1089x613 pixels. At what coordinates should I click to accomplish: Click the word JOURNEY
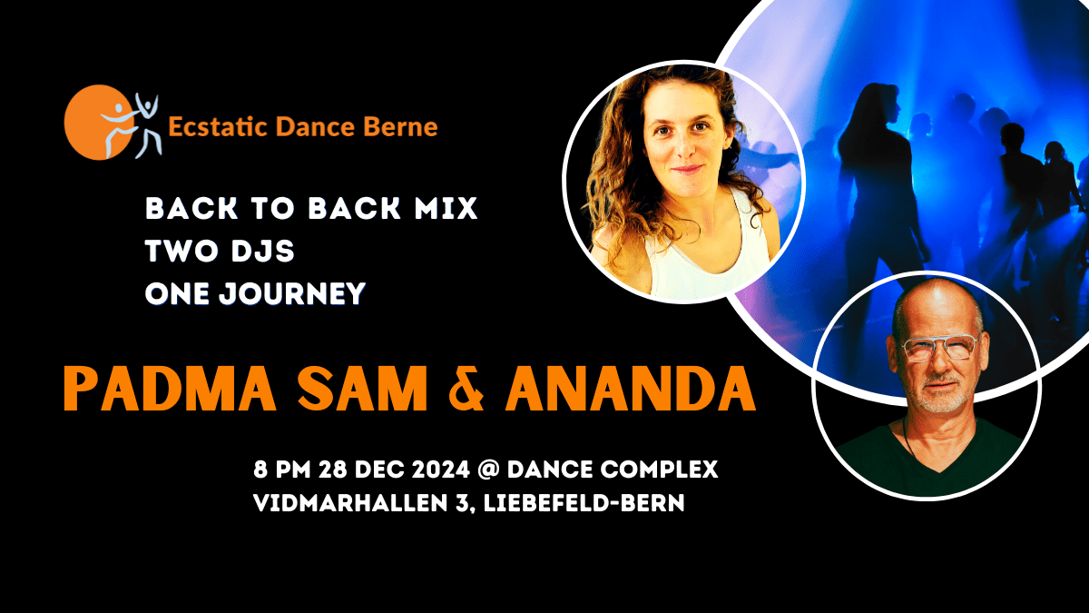[x=291, y=294]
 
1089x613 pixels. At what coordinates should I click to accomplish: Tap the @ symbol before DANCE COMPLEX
[x=488, y=470]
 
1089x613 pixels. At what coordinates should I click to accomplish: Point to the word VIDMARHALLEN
[x=350, y=503]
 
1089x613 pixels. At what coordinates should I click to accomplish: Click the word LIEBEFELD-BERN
[x=584, y=503]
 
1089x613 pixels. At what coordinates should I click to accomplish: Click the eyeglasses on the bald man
[x=939, y=349]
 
